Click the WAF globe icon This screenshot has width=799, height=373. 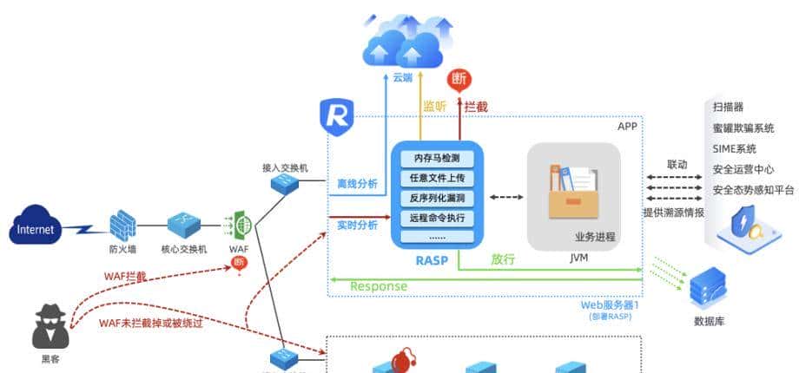point(242,226)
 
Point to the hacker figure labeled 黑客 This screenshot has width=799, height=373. point(50,327)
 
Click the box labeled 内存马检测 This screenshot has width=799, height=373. point(437,159)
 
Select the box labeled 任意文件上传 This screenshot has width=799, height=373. point(437,179)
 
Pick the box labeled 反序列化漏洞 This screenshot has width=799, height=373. point(437,198)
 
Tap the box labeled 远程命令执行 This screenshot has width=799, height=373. point(437,217)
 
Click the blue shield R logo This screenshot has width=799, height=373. point(335,116)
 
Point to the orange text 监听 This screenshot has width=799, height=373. point(434,107)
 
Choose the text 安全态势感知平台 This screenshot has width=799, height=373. point(753,190)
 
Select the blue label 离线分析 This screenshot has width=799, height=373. point(357,184)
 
